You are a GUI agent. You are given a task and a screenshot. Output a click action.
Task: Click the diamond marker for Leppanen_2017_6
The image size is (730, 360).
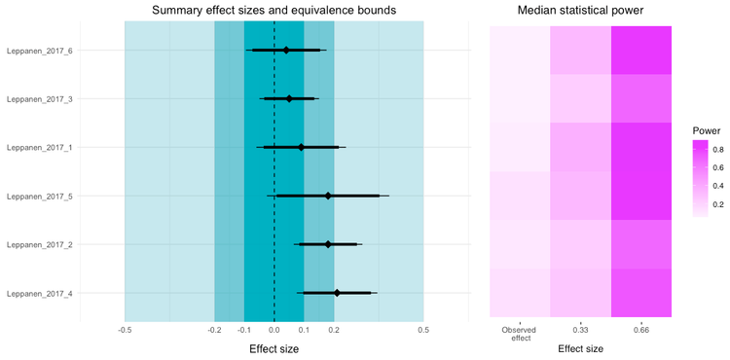[286, 50]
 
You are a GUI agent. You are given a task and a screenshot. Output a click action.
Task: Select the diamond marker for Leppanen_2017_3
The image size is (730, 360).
[289, 98]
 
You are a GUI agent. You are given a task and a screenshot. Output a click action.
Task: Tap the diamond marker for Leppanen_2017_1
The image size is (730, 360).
[301, 147]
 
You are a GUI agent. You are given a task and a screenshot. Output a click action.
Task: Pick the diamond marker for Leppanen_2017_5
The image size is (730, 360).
[328, 196]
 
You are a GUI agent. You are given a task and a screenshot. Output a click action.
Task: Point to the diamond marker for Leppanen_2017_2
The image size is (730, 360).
[328, 244]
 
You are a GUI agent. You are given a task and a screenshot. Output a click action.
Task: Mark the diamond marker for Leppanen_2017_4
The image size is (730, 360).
[337, 293]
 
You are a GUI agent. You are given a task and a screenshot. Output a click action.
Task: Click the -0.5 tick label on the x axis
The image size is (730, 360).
[125, 329]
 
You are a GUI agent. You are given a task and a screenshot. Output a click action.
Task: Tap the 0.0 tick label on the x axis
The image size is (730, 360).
[274, 329]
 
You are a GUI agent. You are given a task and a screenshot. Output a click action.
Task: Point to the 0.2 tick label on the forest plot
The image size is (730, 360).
[334, 329]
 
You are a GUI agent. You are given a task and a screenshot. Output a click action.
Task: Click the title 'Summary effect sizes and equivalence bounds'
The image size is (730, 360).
[274, 11]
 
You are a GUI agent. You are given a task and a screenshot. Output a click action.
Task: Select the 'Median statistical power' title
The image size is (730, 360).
[580, 11]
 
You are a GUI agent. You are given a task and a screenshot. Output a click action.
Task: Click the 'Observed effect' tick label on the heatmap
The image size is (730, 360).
[520, 333]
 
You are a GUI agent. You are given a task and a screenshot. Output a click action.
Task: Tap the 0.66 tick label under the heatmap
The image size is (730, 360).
[641, 329]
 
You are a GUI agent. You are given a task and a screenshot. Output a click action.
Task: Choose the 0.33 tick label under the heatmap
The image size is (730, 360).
[580, 329]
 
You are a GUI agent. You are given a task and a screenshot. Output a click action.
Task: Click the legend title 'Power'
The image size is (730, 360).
[706, 129]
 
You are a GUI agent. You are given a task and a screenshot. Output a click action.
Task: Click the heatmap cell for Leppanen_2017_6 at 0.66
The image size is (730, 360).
[641, 50]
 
